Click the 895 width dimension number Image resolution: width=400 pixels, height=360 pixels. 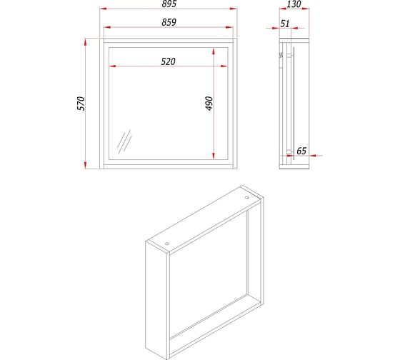click(x=169, y=4)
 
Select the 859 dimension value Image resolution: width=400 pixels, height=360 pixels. click(x=169, y=22)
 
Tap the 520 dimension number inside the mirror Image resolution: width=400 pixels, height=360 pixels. click(x=168, y=61)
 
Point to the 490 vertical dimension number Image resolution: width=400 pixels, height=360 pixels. click(x=209, y=104)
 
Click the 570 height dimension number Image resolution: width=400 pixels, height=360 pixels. click(x=81, y=104)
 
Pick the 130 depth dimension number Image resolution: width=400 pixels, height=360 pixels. click(x=294, y=4)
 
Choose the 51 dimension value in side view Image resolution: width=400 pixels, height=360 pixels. click(x=285, y=24)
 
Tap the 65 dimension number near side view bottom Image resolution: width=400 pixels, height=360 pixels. click(x=301, y=151)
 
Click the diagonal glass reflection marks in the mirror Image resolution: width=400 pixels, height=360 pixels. click(x=124, y=142)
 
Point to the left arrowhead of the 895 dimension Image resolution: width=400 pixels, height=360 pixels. click(x=103, y=9)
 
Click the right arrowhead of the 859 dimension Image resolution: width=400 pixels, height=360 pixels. click(x=229, y=27)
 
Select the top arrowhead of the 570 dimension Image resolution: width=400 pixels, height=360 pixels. click(x=86, y=42)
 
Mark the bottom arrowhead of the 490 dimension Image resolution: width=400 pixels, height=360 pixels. click(x=214, y=156)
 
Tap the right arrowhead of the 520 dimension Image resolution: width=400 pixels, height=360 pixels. click(x=224, y=66)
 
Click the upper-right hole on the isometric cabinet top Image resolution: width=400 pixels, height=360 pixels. click(x=246, y=197)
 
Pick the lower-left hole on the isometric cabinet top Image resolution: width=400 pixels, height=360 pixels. click(x=167, y=244)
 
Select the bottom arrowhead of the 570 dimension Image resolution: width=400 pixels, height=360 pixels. click(x=86, y=165)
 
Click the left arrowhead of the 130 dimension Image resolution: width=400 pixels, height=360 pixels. click(x=283, y=9)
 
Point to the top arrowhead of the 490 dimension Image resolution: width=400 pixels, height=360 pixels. click(x=214, y=51)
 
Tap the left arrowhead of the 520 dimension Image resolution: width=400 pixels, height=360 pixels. click(x=113, y=66)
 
